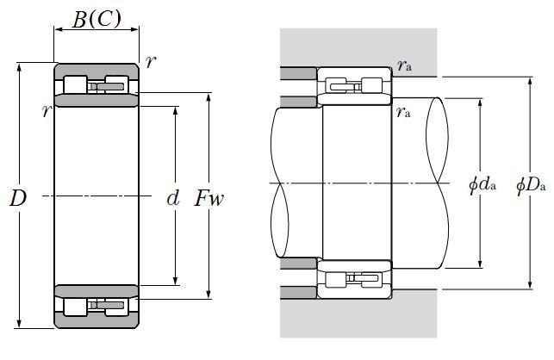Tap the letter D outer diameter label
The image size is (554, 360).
coord(17,198)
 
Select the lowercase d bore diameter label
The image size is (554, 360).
coord(172,199)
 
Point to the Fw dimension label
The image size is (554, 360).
coord(209,199)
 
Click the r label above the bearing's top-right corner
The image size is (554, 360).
coord(152,60)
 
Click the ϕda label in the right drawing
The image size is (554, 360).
coord(480,184)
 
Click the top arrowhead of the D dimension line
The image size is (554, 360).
coord(19,67)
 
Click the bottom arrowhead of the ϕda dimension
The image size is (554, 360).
coord(481,264)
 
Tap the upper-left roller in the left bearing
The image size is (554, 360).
coord(75,84)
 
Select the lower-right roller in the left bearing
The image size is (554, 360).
coord(118,307)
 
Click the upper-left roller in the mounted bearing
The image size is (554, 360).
coord(332,84)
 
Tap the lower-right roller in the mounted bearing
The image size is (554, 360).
coord(372,279)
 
